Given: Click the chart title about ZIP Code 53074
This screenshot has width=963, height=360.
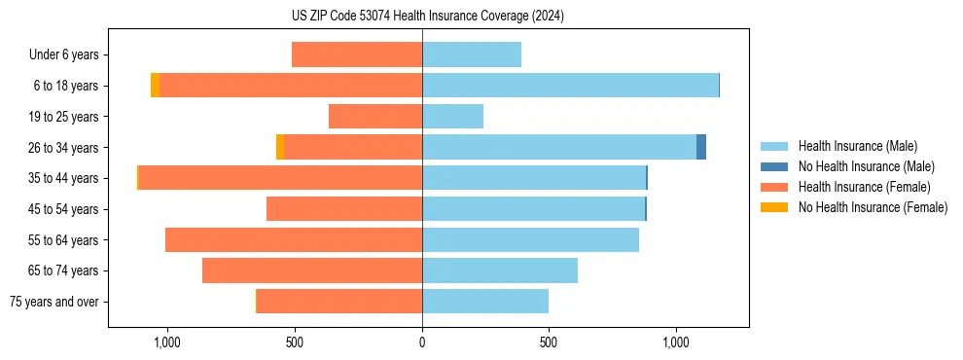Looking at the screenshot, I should pos(421,17).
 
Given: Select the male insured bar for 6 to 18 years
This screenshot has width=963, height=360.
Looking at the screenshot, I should pos(570,86).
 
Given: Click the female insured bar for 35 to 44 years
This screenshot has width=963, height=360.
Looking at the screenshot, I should pos(280,178).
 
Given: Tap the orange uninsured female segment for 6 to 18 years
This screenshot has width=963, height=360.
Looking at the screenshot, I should pos(155,86).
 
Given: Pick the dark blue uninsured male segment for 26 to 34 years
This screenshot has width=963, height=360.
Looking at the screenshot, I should pos(701,147).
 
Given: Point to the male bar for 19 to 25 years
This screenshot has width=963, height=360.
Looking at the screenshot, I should pos(452,117).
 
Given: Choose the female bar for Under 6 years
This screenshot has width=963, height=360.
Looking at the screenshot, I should pos(357,54).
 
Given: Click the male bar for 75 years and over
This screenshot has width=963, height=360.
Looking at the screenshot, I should pos(485,302).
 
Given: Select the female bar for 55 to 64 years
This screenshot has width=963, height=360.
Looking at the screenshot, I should pos(294,239).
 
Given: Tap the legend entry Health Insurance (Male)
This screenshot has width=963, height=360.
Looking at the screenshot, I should pos(857,146).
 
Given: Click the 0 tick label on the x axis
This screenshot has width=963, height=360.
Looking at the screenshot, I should pos(422,342).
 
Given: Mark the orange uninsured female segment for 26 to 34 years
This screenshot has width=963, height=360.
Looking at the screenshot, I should pos(280,147).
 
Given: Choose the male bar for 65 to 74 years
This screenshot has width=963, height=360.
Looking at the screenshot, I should pos(500,270).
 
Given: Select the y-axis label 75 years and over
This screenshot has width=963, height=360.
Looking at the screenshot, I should pos(53,302).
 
